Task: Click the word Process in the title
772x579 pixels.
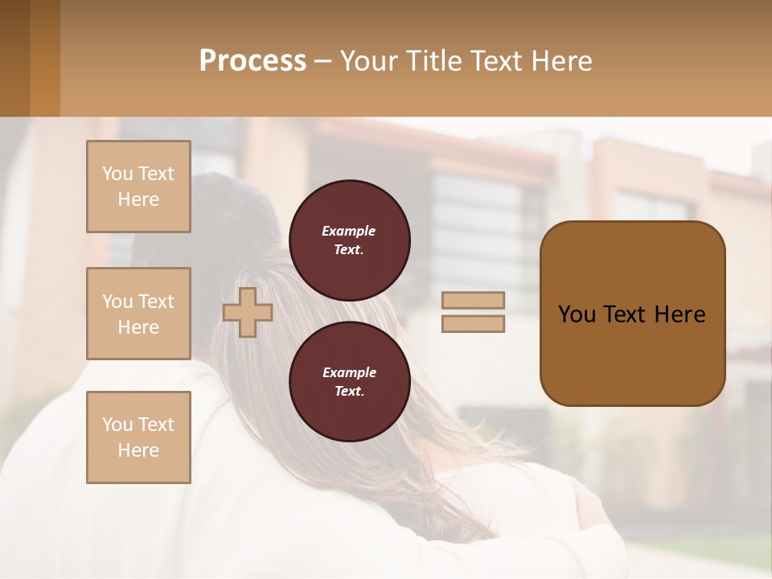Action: [253, 61]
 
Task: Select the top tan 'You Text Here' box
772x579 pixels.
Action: [138, 187]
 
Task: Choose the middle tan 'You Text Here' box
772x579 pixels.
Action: [138, 314]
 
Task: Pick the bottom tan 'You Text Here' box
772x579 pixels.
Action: [138, 437]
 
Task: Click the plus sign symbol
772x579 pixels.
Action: [248, 312]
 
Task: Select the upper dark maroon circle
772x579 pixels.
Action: [349, 240]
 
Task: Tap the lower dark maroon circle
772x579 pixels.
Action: [349, 381]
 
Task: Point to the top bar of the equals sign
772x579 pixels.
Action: [473, 300]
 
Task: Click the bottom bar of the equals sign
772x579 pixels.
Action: [473, 323]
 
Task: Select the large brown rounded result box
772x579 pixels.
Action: [632, 314]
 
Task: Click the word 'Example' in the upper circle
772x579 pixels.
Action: [349, 231]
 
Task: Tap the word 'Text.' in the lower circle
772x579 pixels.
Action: [349, 391]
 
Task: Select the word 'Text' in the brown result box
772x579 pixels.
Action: [622, 314]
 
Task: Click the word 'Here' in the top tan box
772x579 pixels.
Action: [138, 199]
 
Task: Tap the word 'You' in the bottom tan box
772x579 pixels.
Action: [117, 425]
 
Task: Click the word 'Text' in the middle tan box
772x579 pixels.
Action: [155, 302]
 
